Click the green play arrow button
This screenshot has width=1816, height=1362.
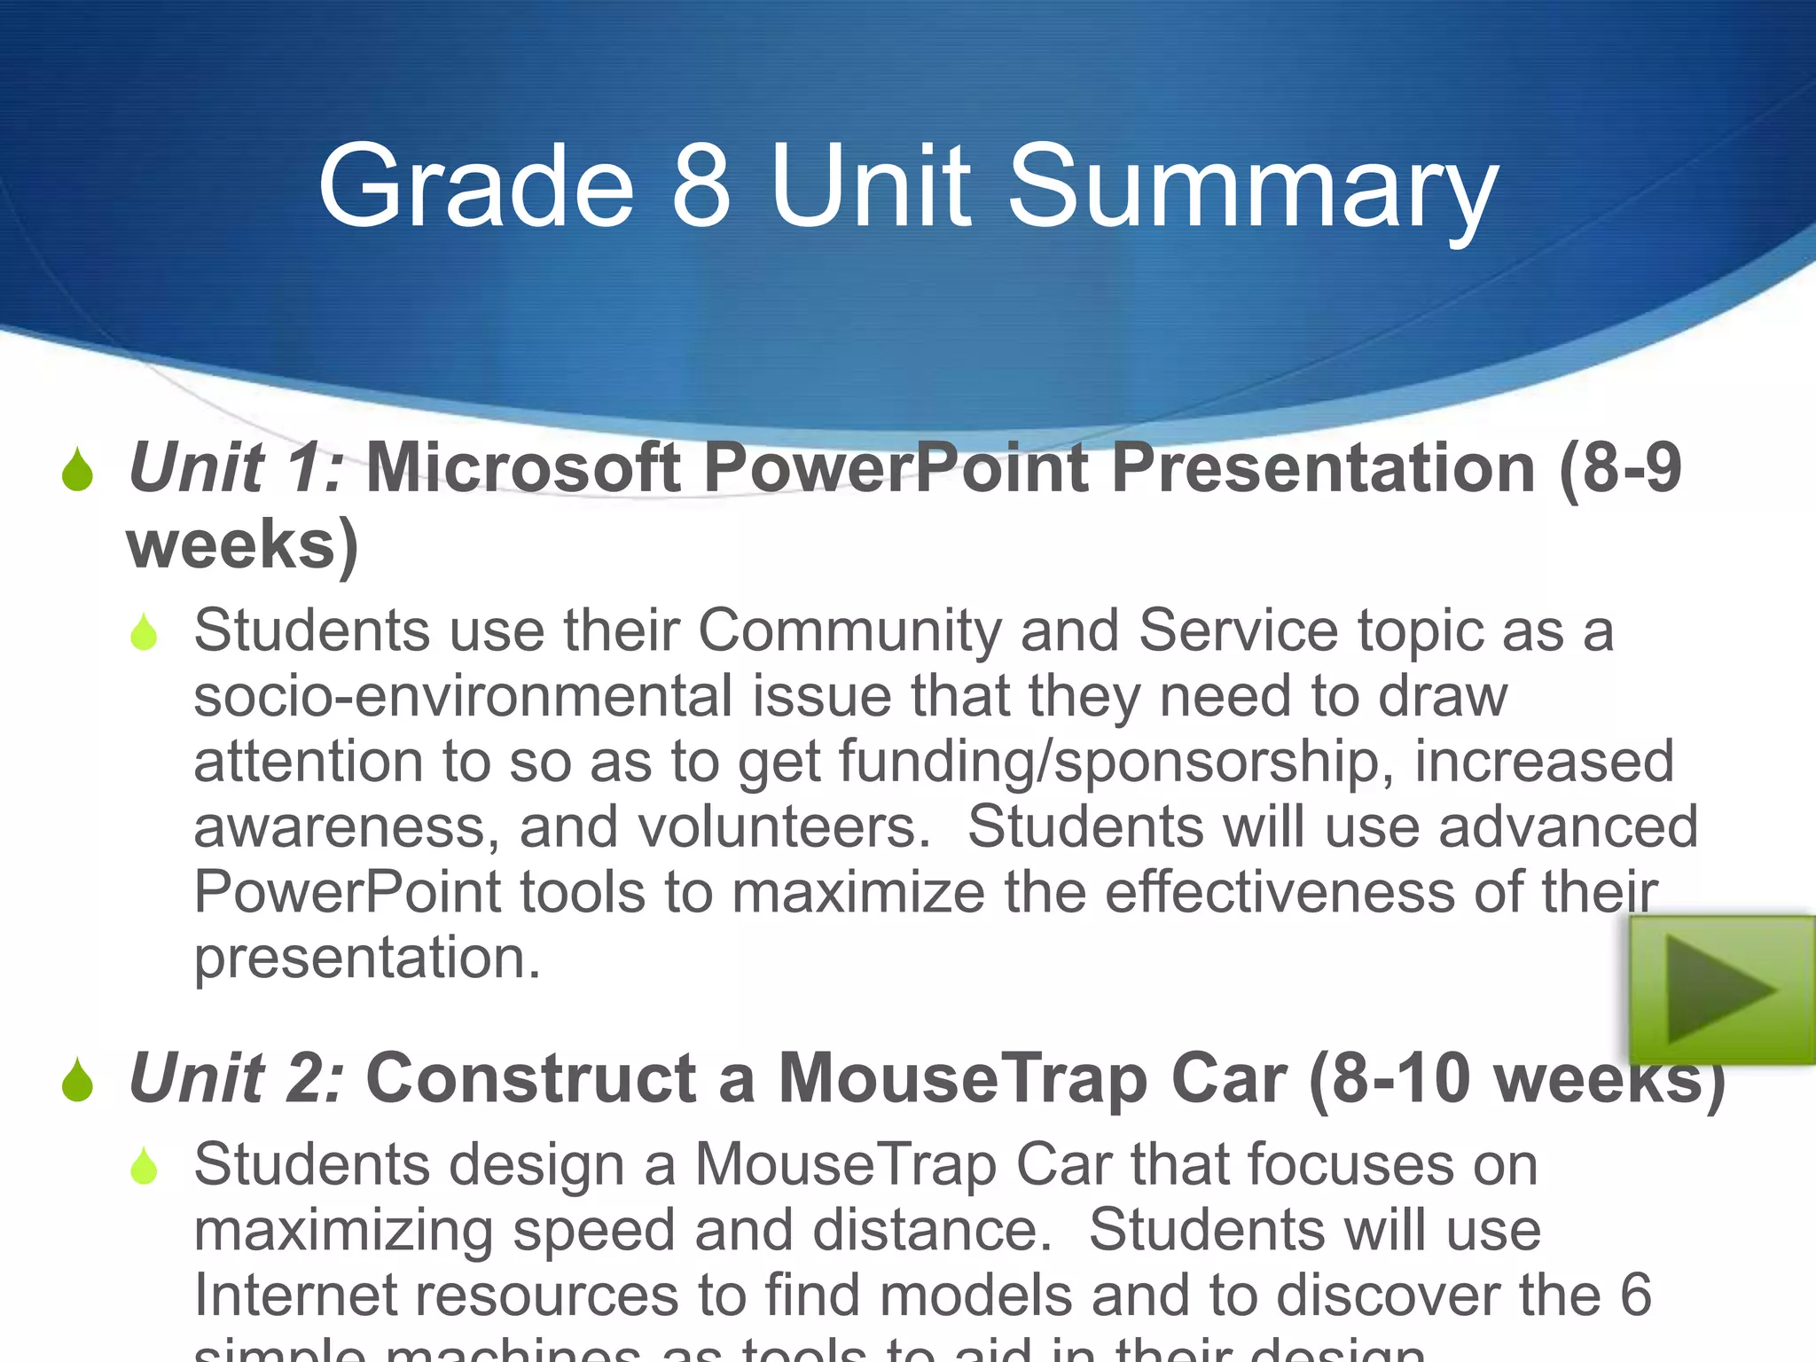(1721, 990)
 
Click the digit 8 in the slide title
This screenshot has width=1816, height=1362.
(701, 186)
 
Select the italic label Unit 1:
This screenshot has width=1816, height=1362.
(236, 467)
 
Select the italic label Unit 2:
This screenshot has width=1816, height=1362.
(236, 1078)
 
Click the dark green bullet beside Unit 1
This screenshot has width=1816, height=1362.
(78, 470)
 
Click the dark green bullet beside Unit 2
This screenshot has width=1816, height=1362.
(78, 1081)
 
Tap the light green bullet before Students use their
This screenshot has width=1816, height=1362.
(144, 633)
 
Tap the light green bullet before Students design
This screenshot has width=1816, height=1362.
(144, 1167)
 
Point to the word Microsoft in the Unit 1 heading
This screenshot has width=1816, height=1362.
(523, 467)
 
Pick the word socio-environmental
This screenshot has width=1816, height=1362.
(462, 696)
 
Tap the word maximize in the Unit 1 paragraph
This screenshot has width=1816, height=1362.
(857, 892)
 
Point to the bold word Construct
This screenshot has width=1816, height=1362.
(531, 1078)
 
